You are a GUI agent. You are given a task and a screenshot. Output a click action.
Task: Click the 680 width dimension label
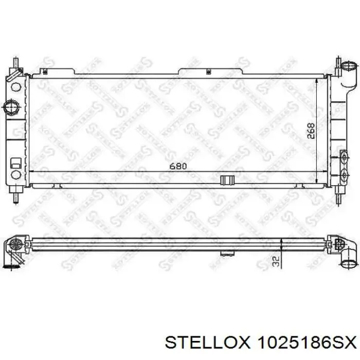[178, 166]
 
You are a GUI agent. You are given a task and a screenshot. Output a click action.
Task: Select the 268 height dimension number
[311, 131]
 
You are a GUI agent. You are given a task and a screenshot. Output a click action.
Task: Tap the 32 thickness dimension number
[277, 261]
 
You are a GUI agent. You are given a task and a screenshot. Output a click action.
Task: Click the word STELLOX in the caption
[207, 343]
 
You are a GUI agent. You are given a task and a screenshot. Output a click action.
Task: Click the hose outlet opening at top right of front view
[349, 66]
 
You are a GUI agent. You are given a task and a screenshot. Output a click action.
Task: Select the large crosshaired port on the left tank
[11, 106]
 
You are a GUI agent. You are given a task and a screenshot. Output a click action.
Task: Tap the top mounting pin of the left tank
[15, 62]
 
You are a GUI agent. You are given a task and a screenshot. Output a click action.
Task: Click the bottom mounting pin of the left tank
[16, 197]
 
